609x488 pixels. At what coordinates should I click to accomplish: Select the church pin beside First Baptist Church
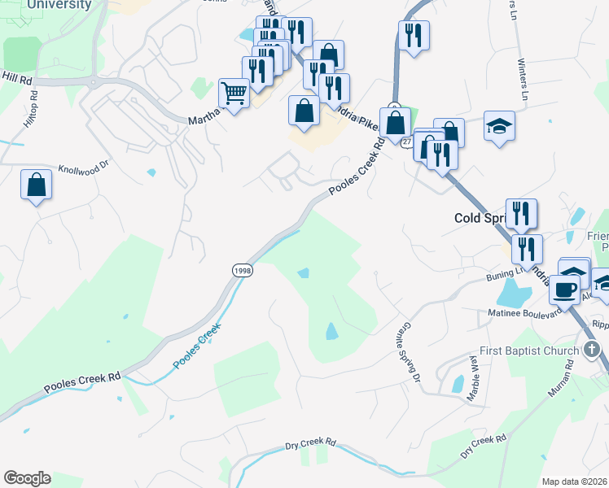[x=592, y=351]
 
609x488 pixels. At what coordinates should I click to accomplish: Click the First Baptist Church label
[x=529, y=351]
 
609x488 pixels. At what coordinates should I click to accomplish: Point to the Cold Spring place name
[x=480, y=218]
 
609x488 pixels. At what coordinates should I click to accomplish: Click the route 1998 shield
[x=242, y=270]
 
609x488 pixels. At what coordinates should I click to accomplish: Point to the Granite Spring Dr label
[x=409, y=350]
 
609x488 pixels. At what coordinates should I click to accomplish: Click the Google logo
[x=27, y=478]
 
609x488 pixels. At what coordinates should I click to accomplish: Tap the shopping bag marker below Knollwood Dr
[x=37, y=185]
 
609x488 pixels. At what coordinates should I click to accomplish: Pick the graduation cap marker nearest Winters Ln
[x=499, y=126]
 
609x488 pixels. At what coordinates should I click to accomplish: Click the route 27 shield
[x=405, y=140]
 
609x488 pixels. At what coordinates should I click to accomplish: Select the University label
[x=59, y=5]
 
